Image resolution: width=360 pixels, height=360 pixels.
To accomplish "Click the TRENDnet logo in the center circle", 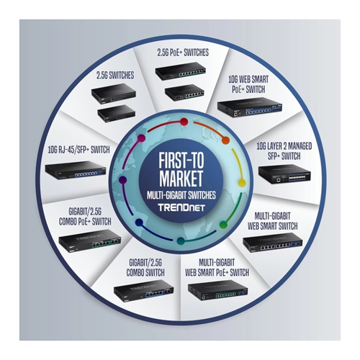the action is pyautogui.click(x=181, y=207).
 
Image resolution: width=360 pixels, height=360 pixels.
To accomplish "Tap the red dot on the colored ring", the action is pyautogui.click(x=184, y=122).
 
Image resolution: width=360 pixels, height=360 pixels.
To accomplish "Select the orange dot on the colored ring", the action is pyautogui.click(x=225, y=140).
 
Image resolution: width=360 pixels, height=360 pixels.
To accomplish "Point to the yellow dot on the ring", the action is pyautogui.click(x=242, y=184).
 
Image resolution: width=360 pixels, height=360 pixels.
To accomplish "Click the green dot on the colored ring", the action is pyautogui.click(x=223, y=225).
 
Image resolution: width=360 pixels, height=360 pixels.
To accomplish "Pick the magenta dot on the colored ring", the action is pyautogui.click(x=141, y=138).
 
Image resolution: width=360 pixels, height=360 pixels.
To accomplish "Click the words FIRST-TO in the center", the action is pyautogui.click(x=181, y=160).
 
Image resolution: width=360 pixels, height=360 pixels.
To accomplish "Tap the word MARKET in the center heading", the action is pyautogui.click(x=181, y=179).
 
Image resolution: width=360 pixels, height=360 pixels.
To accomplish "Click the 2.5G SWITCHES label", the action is pyautogui.click(x=115, y=76).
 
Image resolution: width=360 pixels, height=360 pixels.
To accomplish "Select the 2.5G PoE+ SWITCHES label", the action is pyautogui.click(x=183, y=53).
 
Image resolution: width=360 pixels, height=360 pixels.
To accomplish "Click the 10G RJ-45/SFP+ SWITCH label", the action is pyautogui.click(x=78, y=150).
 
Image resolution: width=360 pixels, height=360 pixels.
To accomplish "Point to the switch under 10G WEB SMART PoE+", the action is pyautogui.click(x=250, y=107).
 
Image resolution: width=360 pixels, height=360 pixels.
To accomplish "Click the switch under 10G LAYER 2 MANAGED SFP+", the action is pyautogui.click(x=284, y=174).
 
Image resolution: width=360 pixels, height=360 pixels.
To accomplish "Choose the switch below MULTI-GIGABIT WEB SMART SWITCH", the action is pyautogui.click(x=273, y=243).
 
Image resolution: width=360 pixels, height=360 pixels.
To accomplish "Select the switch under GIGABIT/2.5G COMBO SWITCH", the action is pyautogui.click(x=144, y=290).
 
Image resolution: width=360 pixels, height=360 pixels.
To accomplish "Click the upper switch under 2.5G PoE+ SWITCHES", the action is pyautogui.click(x=181, y=71).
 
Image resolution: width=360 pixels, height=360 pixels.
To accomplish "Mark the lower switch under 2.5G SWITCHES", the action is pyautogui.click(x=116, y=114).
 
